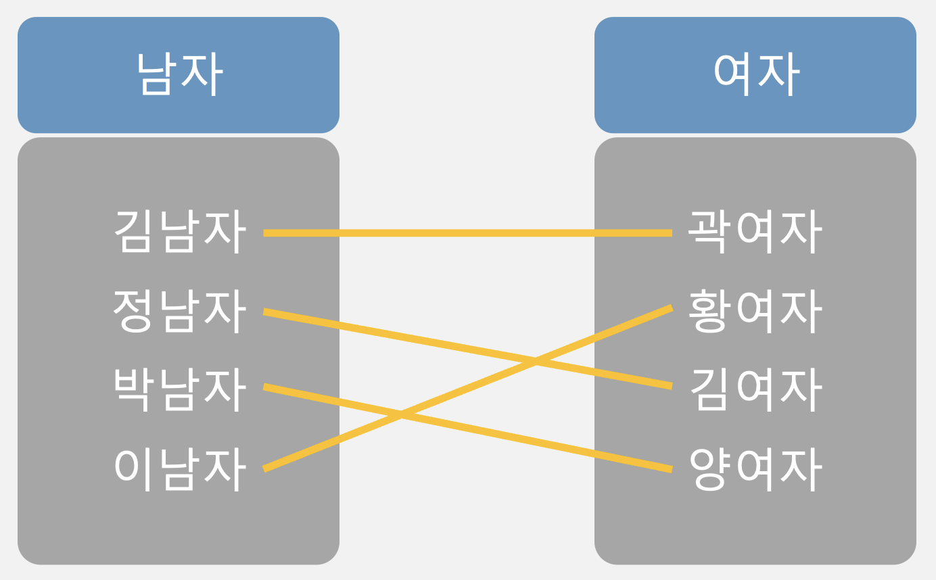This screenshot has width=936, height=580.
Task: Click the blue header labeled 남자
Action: [179, 74]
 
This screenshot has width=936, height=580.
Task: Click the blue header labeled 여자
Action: [755, 74]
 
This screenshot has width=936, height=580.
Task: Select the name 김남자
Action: [180, 232]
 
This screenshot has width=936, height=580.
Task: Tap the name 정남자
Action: [180, 311]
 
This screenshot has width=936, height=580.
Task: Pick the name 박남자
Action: [180, 389]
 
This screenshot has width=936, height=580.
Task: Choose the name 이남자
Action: [180, 468]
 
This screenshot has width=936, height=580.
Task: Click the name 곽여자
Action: [755, 232]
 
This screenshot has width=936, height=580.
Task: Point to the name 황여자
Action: [755, 311]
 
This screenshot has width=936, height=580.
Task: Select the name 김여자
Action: [755, 389]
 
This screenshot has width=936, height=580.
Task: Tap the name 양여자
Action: [755, 468]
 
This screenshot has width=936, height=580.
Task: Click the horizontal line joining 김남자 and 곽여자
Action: [467, 233]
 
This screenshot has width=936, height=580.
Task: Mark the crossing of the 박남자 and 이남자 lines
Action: [401, 415]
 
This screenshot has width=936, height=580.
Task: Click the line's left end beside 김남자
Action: [266, 233]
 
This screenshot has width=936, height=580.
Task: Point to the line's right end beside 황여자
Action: [670, 309]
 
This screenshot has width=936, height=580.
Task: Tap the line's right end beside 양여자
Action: [670, 468]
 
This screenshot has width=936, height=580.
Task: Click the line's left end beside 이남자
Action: [266, 468]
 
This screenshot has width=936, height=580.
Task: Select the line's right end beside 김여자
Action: [670, 386]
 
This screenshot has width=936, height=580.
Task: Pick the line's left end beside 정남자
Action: [266, 312]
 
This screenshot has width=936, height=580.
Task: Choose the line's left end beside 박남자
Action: [266, 387]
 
